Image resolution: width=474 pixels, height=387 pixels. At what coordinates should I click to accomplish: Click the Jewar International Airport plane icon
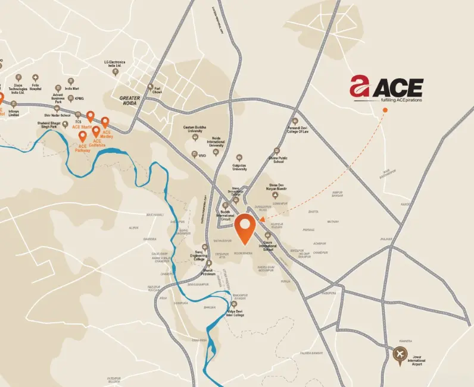[400, 355]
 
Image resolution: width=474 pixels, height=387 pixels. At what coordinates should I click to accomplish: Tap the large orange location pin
[244, 229]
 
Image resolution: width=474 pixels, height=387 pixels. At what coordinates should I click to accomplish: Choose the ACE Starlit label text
[82, 127]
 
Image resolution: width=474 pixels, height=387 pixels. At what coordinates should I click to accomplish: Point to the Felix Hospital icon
[35, 77]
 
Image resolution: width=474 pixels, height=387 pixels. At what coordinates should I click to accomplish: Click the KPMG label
[79, 99]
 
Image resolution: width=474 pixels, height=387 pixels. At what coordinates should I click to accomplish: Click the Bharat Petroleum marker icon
[209, 263]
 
